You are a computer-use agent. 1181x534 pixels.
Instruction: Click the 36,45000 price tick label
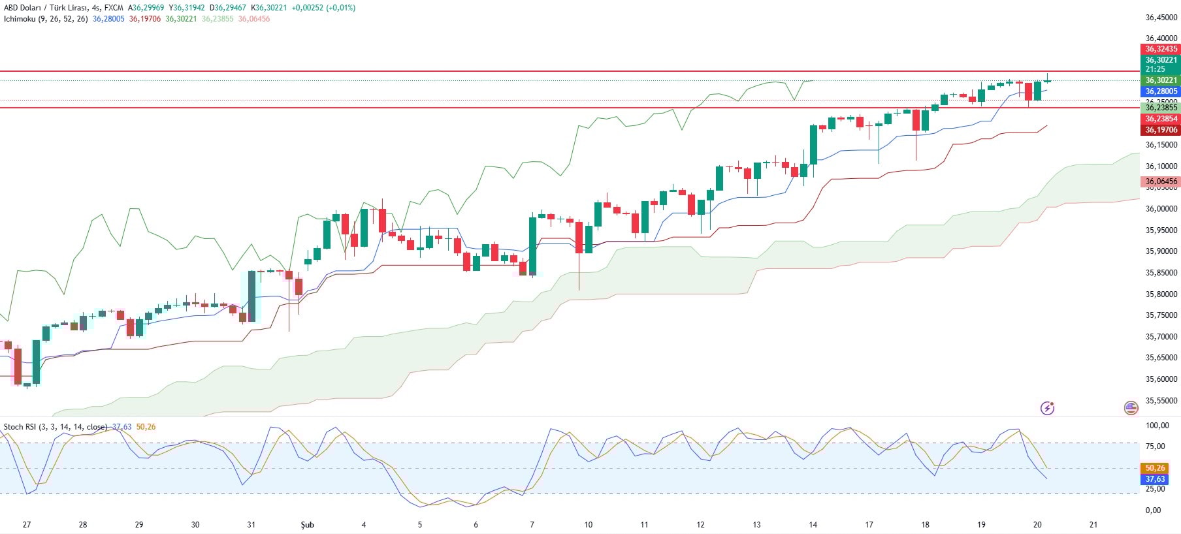tap(1161, 18)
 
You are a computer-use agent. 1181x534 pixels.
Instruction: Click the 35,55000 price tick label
tap(1161, 401)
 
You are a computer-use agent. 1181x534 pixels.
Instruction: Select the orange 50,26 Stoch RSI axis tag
tap(1155, 468)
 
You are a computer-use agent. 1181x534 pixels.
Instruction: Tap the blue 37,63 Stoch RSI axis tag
tap(1155, 479)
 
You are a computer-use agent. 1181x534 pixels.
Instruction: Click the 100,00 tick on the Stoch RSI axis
tap(1157, 426)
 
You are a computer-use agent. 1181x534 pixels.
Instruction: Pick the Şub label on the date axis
tap(307, 525)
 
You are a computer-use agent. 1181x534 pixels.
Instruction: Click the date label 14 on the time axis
tap(813, 525)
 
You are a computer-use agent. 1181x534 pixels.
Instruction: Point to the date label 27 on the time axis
tap(27, 525)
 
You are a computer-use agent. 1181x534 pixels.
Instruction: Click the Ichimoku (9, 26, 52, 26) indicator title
tap(46, 19)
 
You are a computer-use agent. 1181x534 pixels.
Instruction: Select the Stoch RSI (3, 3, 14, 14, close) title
tap(55, 427)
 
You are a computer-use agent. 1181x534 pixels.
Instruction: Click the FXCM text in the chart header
tap(114, 8)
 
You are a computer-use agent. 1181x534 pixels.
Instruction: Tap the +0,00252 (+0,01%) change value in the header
tap(323, 8)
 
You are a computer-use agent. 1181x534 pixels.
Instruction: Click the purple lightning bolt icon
tap(1047, 408)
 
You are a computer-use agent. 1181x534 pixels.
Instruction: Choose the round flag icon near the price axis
tap(1131, 408)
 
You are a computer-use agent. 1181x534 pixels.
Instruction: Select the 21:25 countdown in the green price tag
tap(1155, 69)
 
